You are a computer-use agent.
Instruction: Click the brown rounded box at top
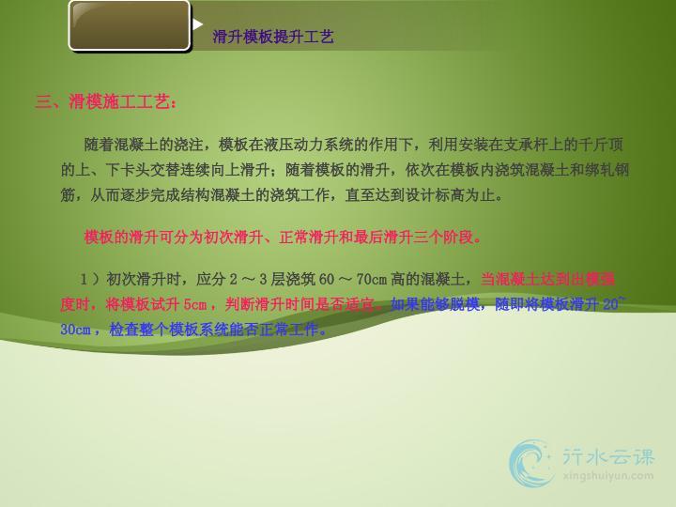(130, 26)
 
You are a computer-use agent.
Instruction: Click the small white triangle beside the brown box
(197, 24)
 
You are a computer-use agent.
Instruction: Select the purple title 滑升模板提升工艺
(273, 37)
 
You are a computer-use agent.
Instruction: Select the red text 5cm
(195, 305)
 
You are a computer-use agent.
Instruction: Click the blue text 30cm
(75, 330)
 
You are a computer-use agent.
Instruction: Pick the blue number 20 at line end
(610, 304)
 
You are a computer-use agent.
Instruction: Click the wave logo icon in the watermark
(530, 464)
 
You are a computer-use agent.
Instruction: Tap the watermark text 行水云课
(608, 457)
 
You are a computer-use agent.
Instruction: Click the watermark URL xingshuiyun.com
(607, 476)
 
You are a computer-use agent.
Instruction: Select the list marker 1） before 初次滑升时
(90, 280)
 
